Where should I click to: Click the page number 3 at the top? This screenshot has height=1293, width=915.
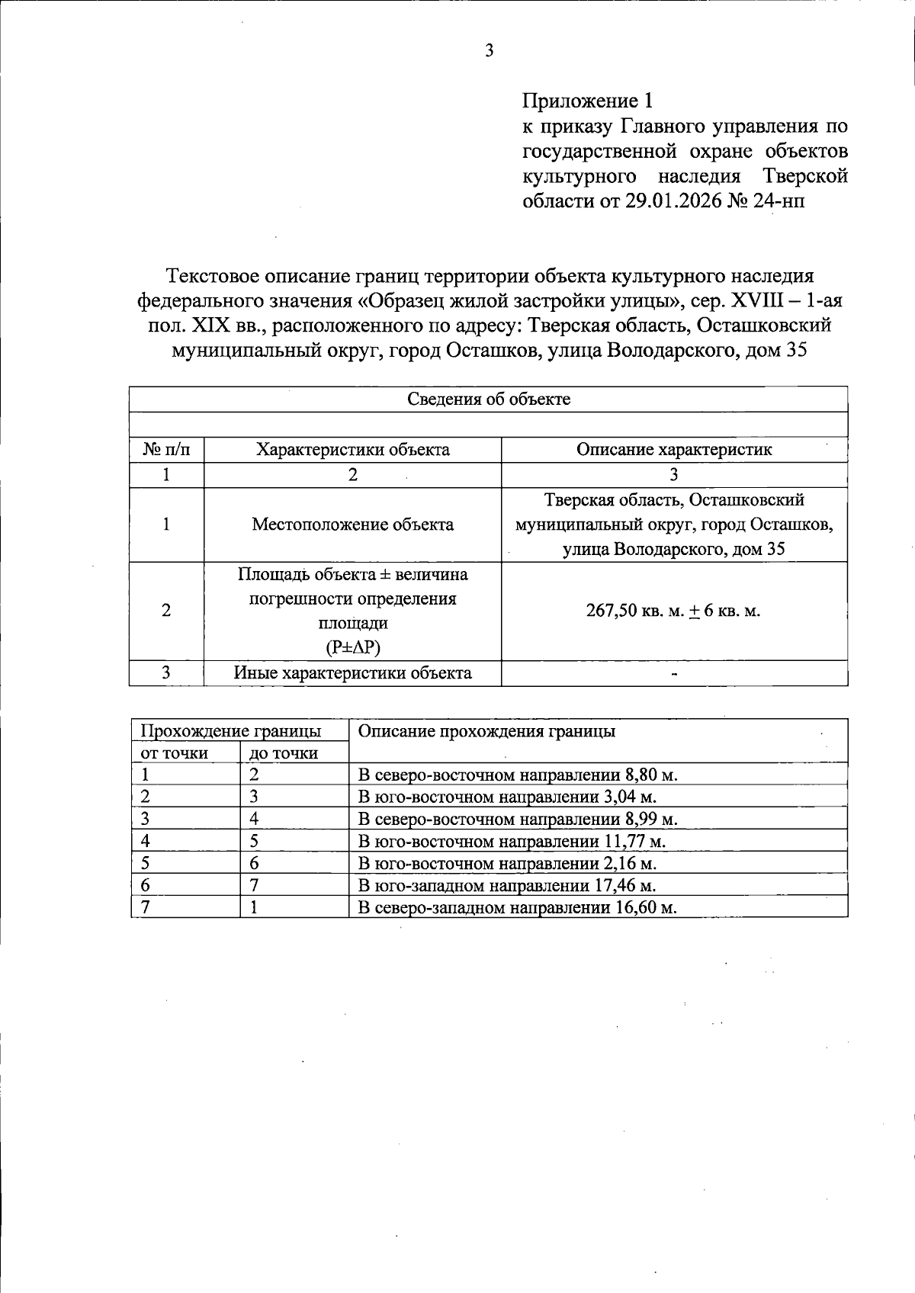(x=489, y=51)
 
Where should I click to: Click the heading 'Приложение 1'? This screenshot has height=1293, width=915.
(x=587, y=101)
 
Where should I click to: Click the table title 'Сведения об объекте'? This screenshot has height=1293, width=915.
(x=488, y=399)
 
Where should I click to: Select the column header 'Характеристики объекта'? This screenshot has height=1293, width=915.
(x=352, y=450)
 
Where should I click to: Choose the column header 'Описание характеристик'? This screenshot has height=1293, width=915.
(x=674, y=450)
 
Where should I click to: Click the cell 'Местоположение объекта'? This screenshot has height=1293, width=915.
(x=352, y=525)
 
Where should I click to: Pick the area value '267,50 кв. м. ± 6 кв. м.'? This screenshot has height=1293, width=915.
(x=674, y=611)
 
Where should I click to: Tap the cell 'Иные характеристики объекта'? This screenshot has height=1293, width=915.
(x=352, y=673)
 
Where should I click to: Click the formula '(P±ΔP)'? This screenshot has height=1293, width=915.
(x=352, y=648)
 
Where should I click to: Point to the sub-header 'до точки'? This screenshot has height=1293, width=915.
(x=283, y=753)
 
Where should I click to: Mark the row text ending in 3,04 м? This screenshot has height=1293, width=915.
(x=507, y=797)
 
